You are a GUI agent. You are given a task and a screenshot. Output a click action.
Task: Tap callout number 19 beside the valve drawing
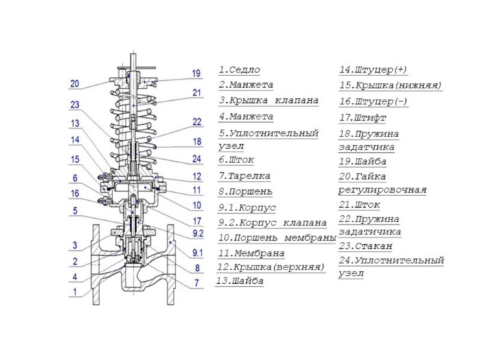click(x=196, y=73)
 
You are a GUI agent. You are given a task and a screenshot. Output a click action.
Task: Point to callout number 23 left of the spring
click(x=74, y=105)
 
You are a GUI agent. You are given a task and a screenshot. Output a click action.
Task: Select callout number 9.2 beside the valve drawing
click(x=197, y=233)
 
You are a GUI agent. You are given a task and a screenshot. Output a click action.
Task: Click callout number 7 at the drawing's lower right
click(x=196, y=283)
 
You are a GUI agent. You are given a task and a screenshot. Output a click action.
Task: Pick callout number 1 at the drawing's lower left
click(x=75, y=291)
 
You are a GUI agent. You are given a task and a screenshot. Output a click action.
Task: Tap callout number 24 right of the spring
click(x=197, y=159)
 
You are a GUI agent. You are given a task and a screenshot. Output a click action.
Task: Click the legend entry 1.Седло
click(x=239, y=70)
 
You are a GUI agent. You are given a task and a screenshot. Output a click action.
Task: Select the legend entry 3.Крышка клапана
click(x=269, y=100)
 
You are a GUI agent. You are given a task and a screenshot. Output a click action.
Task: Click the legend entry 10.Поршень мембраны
click(x=277, y=237)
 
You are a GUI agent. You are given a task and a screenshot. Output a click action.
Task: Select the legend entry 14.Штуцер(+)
click(x=373, y=70)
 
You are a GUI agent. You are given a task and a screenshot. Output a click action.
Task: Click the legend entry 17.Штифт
click(x=364, y=117)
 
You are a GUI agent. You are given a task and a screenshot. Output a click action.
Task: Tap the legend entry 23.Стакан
click(x=365, y=245)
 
